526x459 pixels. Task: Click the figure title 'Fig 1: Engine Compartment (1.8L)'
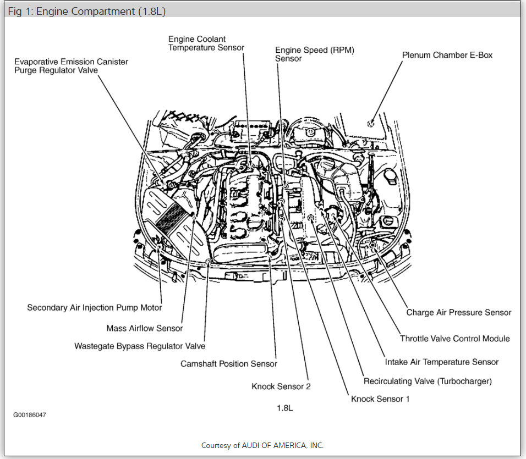click(x=87, y=11)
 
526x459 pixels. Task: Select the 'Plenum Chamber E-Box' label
click(x=447, y=55)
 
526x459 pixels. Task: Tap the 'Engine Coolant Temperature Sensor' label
click(x=206, y=43)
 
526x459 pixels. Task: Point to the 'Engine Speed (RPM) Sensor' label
click(x=314, y=54)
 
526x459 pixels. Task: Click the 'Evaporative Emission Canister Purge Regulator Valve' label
click(x=71, y=67)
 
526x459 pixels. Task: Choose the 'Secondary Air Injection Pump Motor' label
click(x=95, y=308)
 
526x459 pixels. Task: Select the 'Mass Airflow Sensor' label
click(x=145, y=328)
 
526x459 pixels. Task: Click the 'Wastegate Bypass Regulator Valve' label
click(x=140, y=346)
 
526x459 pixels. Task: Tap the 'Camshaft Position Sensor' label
click(x=229, y=364)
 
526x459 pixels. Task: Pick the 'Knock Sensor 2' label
click(x=281, y=386)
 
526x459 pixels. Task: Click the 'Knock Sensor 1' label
click(x=380, y=399)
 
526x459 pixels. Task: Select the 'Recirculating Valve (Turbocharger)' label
click(x=428, y=381)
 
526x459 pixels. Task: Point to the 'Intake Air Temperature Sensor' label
click(x=442, y=362)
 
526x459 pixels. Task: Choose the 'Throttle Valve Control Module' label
click(x=454, y=339)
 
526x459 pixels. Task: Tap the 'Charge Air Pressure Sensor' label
click(x=459, y=312)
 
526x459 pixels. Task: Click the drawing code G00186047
click(x=30, y=415)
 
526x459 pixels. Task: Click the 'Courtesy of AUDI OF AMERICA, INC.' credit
click(x=262, y=445)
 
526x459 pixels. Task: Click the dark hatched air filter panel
click(x=171, y=218)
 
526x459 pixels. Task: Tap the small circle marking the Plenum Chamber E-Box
click(x=372, y=123)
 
